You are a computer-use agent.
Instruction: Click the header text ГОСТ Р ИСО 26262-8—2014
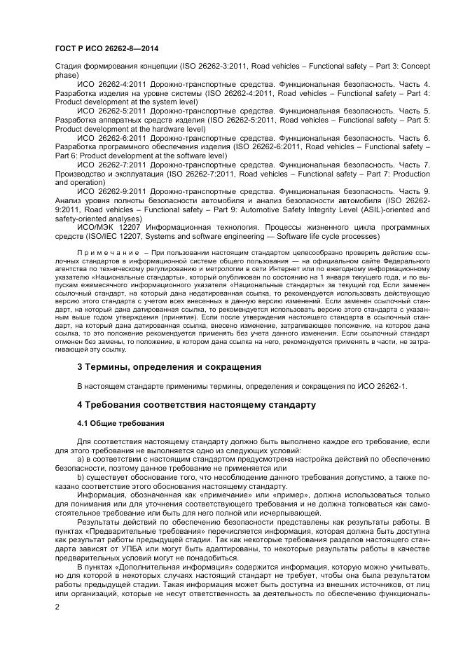(103, 47)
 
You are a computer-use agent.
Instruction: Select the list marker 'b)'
(81, 478)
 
